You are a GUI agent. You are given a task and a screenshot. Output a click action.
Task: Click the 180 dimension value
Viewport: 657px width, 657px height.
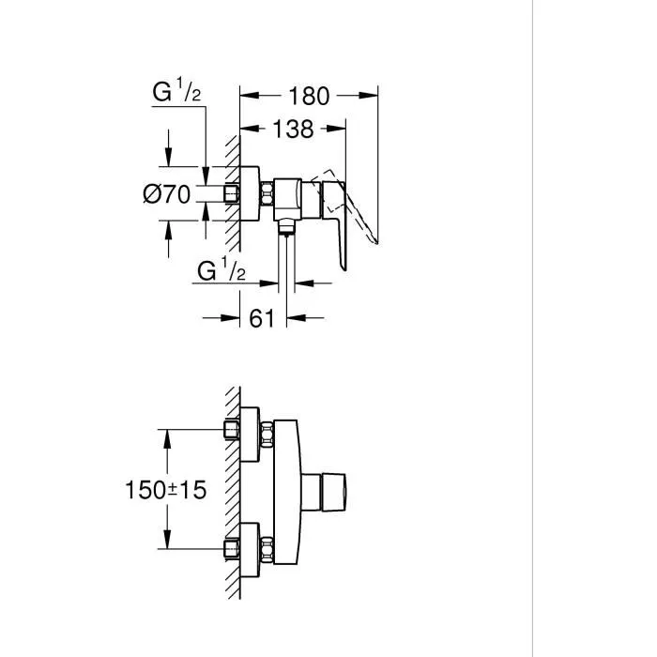pyautogui.click(x=310, y=96)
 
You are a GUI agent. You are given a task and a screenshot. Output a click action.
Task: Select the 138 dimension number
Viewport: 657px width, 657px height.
pyautogui.click(x=293, y=130)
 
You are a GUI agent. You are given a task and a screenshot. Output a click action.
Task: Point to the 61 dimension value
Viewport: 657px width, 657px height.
pyautogui.click(x=262, y=319)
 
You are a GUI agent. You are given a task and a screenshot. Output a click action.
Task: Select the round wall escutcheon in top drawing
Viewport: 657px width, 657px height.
pyautogui.click(x=249, y=194)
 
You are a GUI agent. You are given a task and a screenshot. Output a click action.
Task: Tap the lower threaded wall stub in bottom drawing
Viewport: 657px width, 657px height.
pyautogui.click(x=231, y=546)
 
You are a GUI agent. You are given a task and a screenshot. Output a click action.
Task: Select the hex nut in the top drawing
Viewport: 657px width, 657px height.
pyautogui.click(x=268, y=194)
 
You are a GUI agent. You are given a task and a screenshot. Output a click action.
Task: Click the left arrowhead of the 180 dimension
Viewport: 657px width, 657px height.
pyautogui.click(x=248, y=96)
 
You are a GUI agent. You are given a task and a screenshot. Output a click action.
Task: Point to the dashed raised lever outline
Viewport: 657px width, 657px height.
pyautogui.click(x=366, y=211)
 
